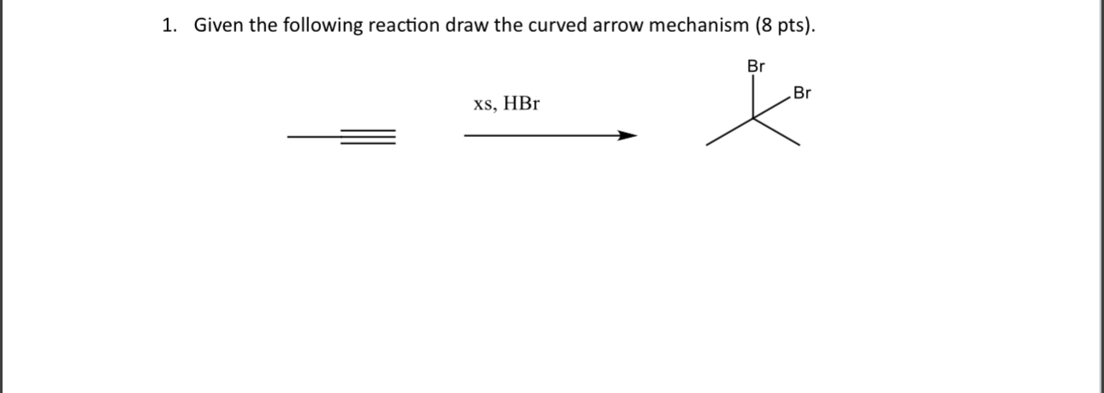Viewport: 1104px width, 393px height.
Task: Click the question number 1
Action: [x=168, y=27]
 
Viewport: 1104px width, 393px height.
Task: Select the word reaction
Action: [x=405, y=27]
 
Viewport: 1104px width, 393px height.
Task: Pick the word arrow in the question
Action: [x=621, y=27]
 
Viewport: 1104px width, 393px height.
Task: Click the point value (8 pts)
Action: [x=784, y=27]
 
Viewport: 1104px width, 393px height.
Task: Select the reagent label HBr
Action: [x=521, y=104]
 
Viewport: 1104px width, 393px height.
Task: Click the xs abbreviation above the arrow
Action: [x=484, y=105]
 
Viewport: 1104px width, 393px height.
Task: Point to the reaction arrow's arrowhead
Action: [x=628, y=135]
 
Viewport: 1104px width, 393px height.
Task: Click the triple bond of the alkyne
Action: [x=368, y=136]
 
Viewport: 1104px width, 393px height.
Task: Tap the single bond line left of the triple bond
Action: [x=313, y=136]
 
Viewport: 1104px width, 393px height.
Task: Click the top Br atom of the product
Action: [x=756, y=66]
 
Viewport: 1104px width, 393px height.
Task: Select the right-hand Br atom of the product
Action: [x=802, y=92]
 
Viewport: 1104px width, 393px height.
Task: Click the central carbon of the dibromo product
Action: [x=754, y=117]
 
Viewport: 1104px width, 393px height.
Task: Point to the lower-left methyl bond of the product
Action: [x=730, y=132]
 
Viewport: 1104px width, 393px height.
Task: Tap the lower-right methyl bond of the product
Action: [x=778, y=132]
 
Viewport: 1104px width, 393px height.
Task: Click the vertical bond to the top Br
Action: [x=754, y=96]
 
